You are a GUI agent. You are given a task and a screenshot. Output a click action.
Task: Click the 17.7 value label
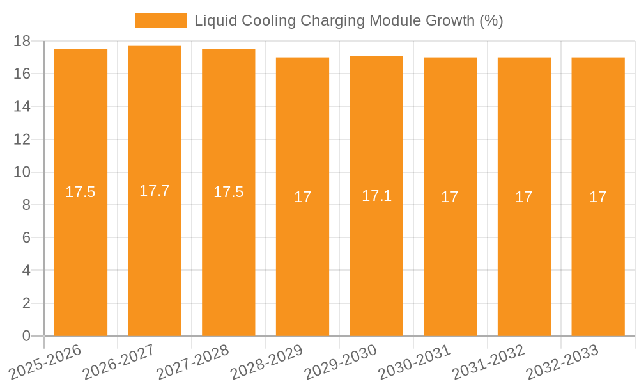(x=155, y=191)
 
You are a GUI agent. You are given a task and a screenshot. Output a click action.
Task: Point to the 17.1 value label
(x=376, y=196)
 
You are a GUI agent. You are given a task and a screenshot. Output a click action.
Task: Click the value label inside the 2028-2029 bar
(x=302, y=197)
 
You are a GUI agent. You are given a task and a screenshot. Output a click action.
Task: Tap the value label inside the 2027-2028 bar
(x=228, y=192)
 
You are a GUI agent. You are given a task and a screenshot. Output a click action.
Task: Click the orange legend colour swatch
(x=160, y=20)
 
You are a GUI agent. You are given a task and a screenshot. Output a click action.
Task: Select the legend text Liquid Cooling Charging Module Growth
(x=348, y=20)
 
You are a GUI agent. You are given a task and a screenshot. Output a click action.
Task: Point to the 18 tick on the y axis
(x=22, y=41)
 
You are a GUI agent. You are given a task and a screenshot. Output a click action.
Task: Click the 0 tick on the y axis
(x=26, y=336)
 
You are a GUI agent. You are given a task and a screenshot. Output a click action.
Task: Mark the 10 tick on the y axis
(x=22, y=172)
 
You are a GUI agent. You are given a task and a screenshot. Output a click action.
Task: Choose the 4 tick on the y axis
(x=26, y=270)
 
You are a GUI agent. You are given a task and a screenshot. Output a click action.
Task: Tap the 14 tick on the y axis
(x=22, y=106)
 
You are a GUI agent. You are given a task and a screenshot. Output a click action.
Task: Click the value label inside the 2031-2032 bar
(x=524, y=197)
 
